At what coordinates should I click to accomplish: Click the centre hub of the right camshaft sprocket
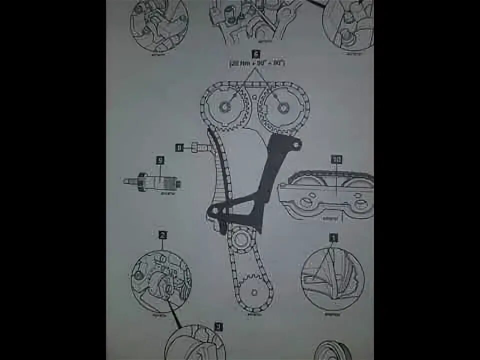click(x=283, y=107)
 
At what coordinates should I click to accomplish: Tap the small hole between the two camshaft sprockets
click(x=255, y=97)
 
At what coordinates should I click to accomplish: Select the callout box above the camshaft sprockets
click(x=256, y=53)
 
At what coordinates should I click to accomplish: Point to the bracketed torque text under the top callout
click(x=256, y=63)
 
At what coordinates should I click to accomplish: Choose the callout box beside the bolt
click(x=178, y=147)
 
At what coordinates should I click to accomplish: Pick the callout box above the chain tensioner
click(x=160, y=160)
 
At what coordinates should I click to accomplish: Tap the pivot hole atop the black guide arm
click(x=297, y=144)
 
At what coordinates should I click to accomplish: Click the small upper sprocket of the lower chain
click(x=241, y=238)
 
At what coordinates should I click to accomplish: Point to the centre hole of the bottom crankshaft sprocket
click(x=254, y=290)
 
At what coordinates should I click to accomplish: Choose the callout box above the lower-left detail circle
click(x=162, y=234)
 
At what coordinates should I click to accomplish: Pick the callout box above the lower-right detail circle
click(x=333, y=237)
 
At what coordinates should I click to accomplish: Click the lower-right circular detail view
click(x=332, y=278)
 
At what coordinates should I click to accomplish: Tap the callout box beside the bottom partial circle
click(x=218, y=326)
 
